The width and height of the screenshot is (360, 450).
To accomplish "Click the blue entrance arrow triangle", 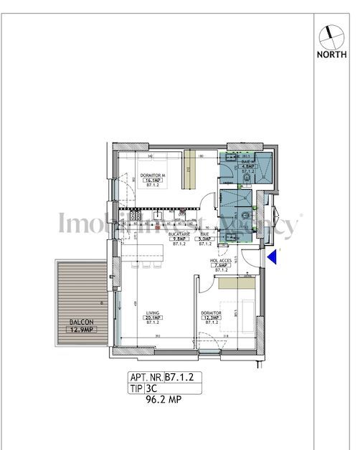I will point(271,257).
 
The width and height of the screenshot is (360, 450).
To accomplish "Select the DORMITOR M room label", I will point(153,177).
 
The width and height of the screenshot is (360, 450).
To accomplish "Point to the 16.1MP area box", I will point(153,182).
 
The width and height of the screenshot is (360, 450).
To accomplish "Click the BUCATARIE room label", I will point(179,234).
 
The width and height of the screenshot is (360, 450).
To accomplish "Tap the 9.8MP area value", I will point(179,239).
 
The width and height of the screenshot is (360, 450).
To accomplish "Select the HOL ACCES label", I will point(220,261).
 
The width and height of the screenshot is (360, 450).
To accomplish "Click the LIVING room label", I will point(152,313).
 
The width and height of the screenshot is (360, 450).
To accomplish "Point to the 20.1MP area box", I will point(152,318).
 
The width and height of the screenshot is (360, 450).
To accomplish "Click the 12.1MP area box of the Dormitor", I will point(212,318).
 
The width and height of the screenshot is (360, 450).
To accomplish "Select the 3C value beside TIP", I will point(151,388).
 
